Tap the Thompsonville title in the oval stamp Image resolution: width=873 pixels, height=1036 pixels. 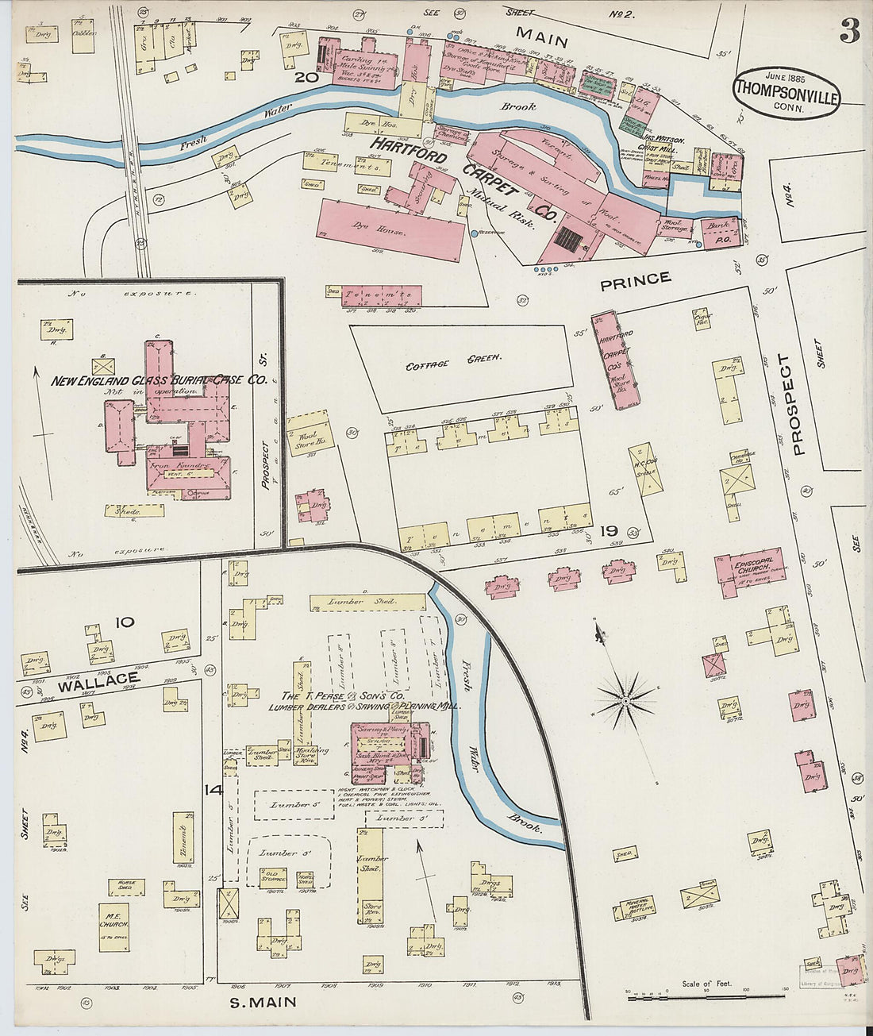click(x=786, y=89)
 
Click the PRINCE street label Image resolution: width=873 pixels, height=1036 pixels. click(x=635, y=279)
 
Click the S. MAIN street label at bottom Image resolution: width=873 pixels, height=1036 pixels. click(x=263, y=1002)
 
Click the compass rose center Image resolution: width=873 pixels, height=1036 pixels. click(x=625, y=701)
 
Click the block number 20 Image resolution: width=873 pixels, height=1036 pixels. click(x=306, y=77)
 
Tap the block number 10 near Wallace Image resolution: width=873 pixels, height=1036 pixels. click(x=125, y=622)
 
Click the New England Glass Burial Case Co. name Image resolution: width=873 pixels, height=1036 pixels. click(x=159, y=380)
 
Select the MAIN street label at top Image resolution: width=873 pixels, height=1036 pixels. click(x=542, y=36)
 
